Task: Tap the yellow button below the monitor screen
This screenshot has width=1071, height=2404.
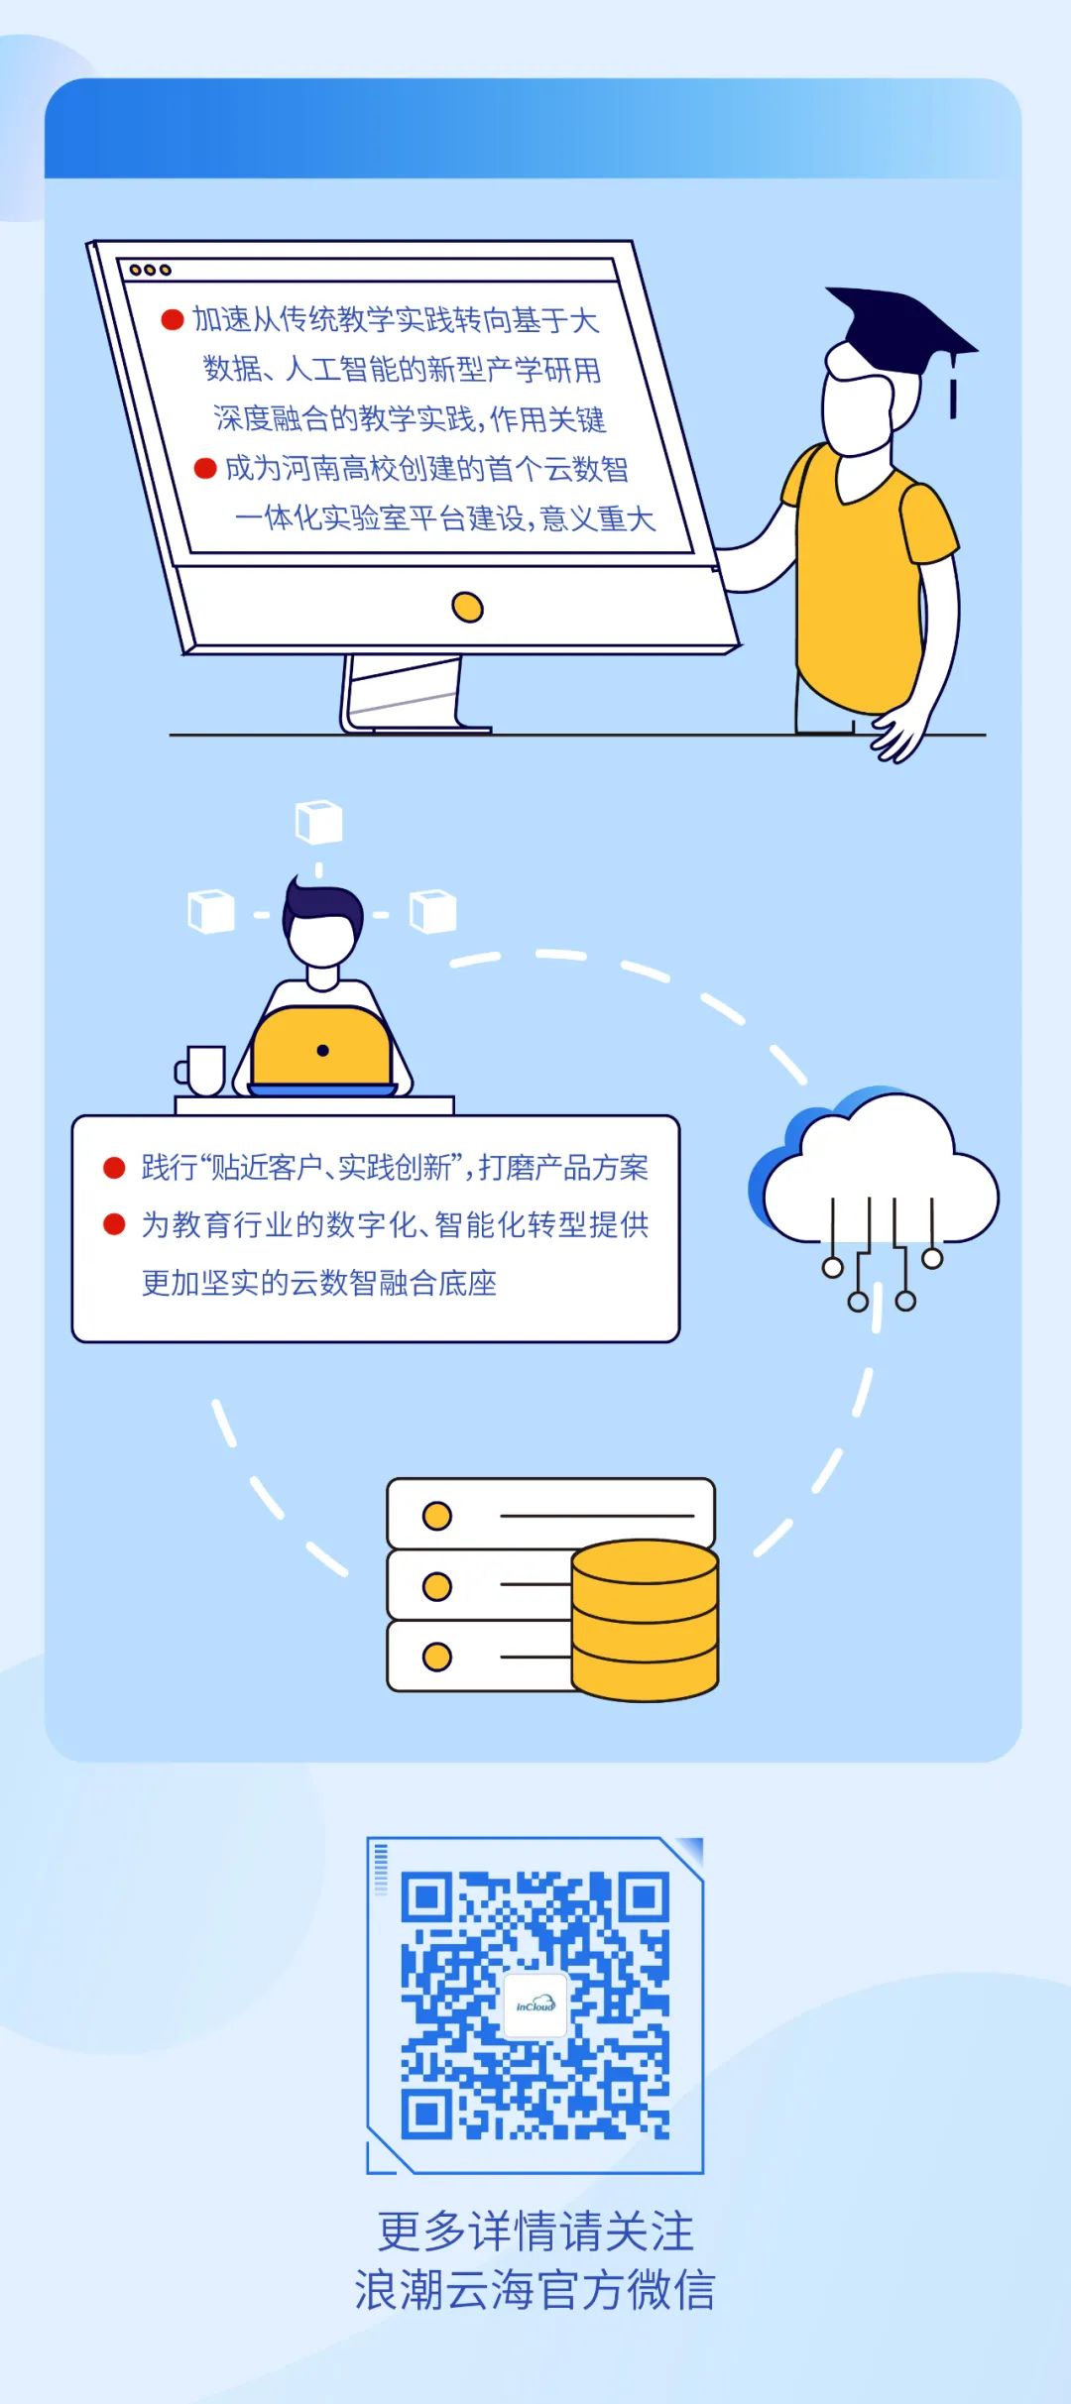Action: [467, 607]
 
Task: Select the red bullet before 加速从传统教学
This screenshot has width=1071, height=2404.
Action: [173, 319]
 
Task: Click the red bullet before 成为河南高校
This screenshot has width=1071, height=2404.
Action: [205, 468]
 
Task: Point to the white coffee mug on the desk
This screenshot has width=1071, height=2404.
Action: [203, 1071]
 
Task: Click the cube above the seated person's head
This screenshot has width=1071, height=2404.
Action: [318, 823]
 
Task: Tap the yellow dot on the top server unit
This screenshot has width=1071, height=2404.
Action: [437, 1516]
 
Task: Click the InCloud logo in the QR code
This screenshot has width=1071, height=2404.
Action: [535, 2005]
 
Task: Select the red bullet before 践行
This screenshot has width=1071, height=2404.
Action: [114, 1168]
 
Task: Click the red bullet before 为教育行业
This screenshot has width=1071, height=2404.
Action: [114, 1225]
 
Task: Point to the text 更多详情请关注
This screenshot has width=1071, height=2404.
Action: [535, 2232]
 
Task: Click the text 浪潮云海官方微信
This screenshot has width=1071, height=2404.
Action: [535, 2291]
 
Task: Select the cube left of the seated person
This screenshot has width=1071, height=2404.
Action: [211, 911]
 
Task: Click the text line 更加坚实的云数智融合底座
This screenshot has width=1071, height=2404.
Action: [318, 1283]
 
